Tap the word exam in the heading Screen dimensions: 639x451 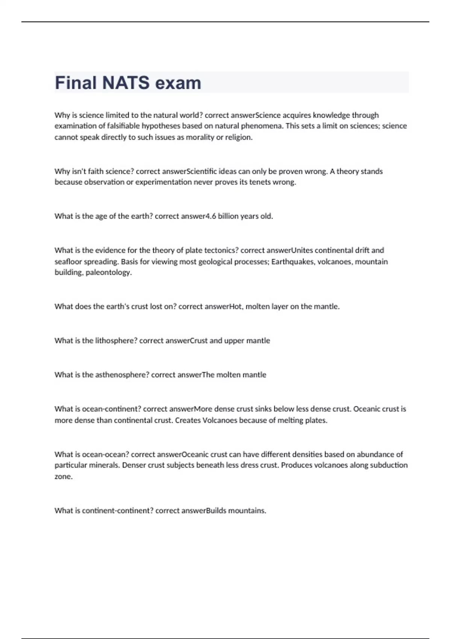tap(178, 83)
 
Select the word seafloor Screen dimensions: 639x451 tap(68, 262)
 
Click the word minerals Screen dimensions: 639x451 tap(104, 465)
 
